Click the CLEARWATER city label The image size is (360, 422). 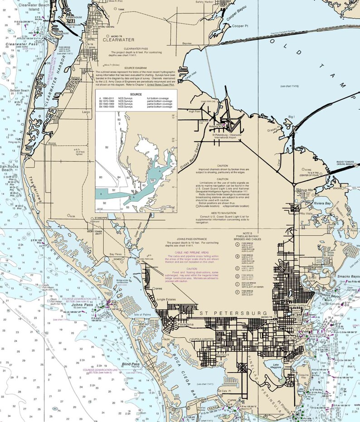coord(119,40)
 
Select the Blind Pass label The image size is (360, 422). coord(131,364)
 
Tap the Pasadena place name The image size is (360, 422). coord(185,325)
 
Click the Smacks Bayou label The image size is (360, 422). coord(348,276)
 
